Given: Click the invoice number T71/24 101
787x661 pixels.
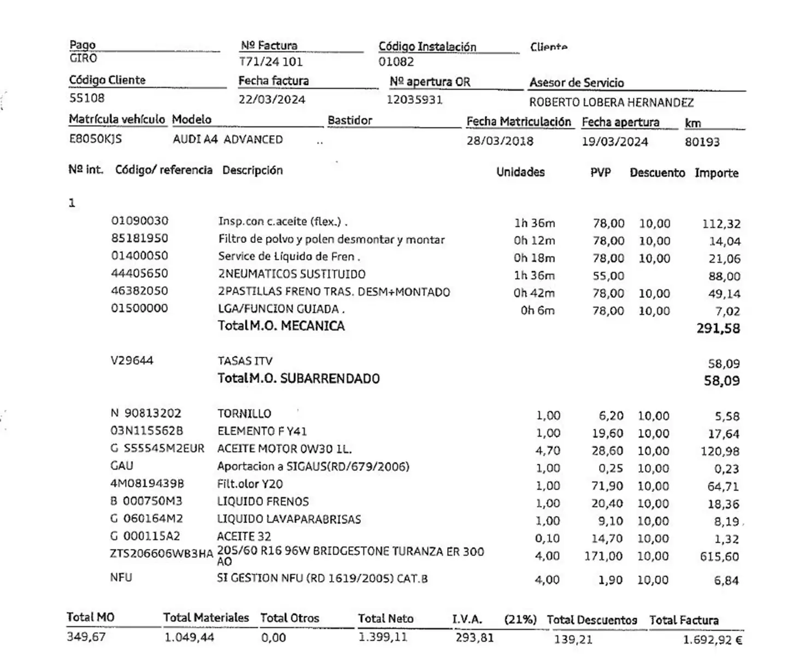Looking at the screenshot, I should (271, 62).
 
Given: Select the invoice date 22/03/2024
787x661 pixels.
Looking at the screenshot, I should (272, 100).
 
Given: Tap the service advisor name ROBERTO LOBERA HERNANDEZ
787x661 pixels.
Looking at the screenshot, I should (611, 102).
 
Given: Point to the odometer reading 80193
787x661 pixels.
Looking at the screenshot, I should (702, 142).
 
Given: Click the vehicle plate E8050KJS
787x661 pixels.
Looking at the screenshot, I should (95, 139).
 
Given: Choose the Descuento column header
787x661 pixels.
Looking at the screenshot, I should (657, 173).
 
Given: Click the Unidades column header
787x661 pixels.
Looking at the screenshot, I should (520, 172).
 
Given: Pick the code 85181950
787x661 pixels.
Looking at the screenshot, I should (139, 238).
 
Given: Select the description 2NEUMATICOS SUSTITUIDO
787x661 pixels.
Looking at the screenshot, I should (291, 274).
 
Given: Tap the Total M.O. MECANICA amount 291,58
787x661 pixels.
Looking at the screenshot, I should (718, 329).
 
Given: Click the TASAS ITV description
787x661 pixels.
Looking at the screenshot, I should (245, 361).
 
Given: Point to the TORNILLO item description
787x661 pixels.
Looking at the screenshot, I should (244, 414).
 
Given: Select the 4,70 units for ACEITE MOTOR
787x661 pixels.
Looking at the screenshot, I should (548, 451).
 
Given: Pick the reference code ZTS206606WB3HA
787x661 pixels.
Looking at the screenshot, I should (161, 553).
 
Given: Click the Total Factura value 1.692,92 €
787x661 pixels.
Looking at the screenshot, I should (712, 640).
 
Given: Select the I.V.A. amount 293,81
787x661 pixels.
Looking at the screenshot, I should (474, 637).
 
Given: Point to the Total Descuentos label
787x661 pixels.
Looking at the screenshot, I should (591, 620).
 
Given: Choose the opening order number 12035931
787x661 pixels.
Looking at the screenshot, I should (414, 100).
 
